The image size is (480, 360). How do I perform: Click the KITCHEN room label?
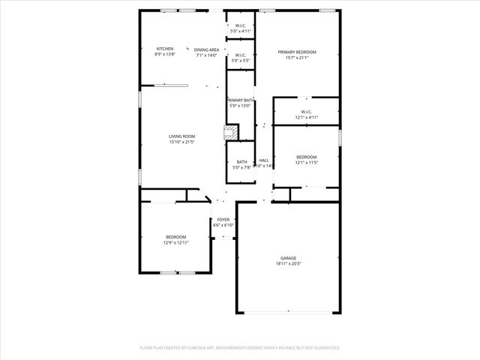[x=164, y=49]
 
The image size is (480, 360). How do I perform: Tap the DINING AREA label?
[x=206, y=49]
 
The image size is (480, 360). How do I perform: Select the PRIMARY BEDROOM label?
[x=297, y=52]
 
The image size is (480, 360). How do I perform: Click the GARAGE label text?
[x=288, y=258]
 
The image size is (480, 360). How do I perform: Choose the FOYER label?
[x=223, y=220]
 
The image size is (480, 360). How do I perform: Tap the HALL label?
[x=264, y=160]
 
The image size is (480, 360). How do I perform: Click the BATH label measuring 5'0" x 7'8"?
[x=242, y=162]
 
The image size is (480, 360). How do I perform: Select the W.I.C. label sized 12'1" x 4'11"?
[x=306, y=112]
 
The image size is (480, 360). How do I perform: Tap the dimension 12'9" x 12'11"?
[x=176, y=243]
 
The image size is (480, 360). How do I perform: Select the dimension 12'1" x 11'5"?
[x=306, y=163]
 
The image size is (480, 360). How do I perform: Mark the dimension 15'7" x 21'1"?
[x=297, y=58]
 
